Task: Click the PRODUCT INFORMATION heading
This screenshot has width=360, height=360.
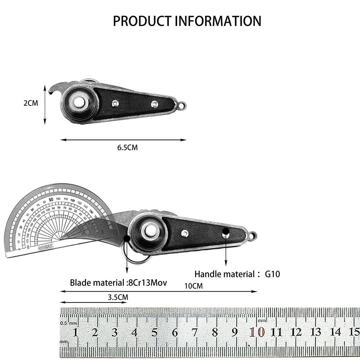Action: click(x=187, y=21)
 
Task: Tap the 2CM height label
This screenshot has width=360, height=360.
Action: click(x=31, y=103)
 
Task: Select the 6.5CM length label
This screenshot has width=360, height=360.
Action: click(x=128, y=147)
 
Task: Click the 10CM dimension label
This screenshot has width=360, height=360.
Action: click(x=193, y=286)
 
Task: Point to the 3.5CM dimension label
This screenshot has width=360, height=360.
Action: click(x=118, y=297)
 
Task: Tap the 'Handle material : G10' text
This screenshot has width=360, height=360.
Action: click(x=237, y=274)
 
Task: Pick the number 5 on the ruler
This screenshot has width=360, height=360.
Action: click(x=154, y=332)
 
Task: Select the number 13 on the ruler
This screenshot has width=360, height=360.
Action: click(x=316, y=332)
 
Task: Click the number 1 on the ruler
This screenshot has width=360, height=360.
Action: click(x=76, y=332)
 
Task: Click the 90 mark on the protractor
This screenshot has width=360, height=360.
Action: click(x=51, y=199)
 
